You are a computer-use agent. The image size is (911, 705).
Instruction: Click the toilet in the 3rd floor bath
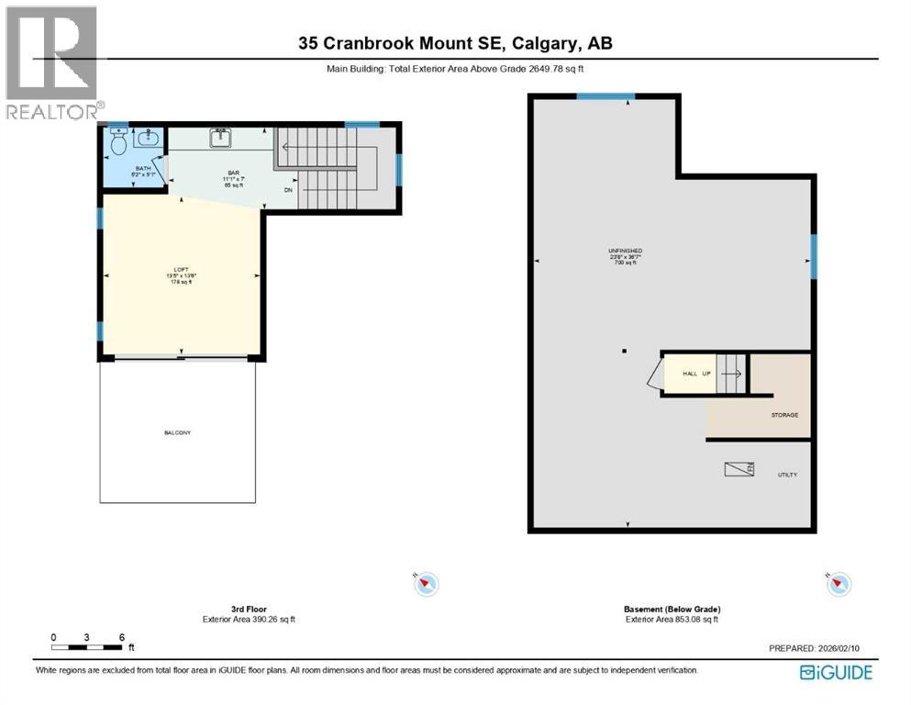pyautogui.click(x=117, y=144)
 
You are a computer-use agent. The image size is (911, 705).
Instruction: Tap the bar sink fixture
pyautogui.click(x=219, y=139)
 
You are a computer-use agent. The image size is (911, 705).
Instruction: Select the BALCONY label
pyautogui.click(x=177, y=432)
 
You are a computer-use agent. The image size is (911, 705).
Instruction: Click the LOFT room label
pyautogui.click(x=182, y=268)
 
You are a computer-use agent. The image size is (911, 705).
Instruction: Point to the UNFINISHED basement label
pyautogui.click(x=625, y=251)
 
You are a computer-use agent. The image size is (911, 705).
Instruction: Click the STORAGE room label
pyautogui.click(x=783, y=415)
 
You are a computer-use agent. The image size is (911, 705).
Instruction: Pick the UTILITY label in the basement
pyautogui.click(x=787, y=475)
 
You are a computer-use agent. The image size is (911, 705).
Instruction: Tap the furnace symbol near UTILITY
pyautogui.click(x=739, y=469)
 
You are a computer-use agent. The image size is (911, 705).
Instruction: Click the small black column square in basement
pyautogui.click(x=624, y=350)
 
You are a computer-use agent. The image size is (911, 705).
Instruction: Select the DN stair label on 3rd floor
pyautogui.click(x=287, y=191)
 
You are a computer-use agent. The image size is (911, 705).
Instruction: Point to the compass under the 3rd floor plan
pyautogui.click(x=427, y=583)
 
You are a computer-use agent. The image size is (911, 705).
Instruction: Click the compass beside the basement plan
pyautogui.click(x=838, y=584)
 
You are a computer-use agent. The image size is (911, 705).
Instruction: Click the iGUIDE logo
pyautogui.click(x=836, y=672)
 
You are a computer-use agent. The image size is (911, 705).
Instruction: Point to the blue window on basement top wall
pyautogui.click(x=605, y=96)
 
